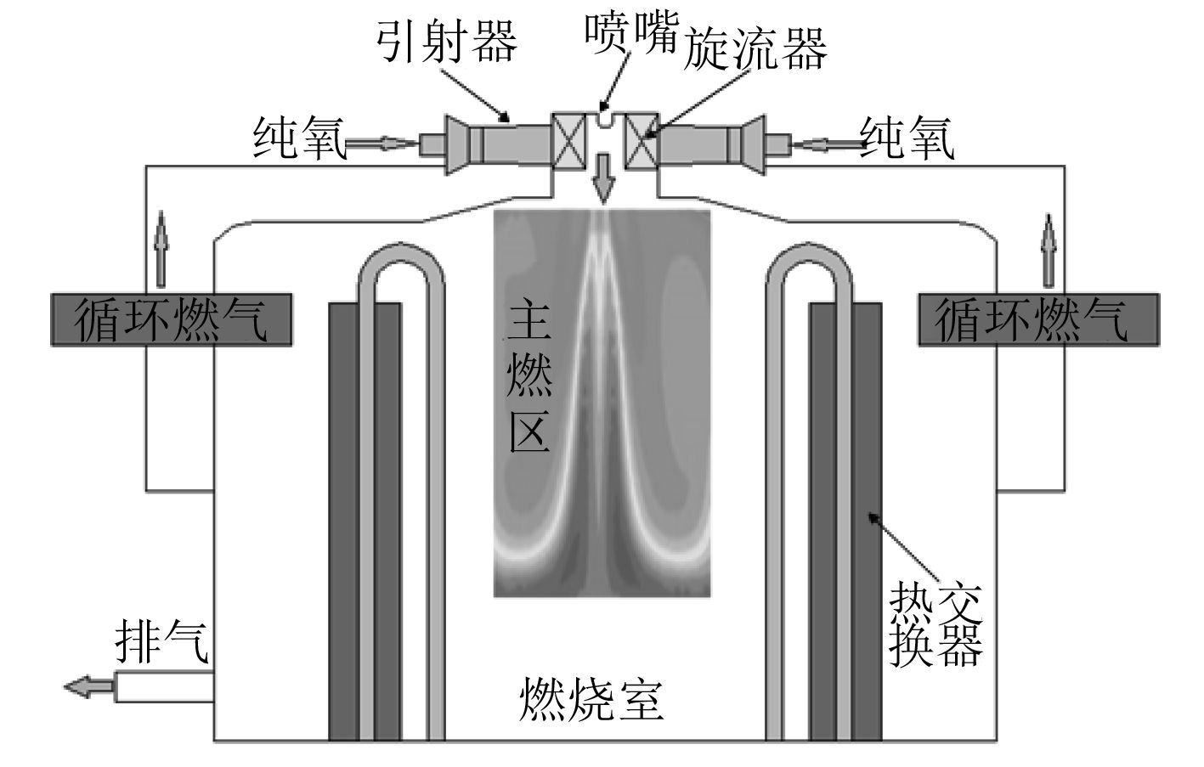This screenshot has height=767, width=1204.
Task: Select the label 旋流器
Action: [x=755, y=48]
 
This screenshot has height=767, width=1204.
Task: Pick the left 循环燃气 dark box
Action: [x=171, y=319]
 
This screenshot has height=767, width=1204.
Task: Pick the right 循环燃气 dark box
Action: [x=1037, y=319]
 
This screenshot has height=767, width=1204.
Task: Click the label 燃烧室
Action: [x=591, y=700]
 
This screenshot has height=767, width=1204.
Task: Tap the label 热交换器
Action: [x=936, y=626]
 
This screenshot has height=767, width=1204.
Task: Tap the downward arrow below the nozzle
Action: [x=603, y=178]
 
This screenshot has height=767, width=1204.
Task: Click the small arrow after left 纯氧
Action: [x=382, y=144]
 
